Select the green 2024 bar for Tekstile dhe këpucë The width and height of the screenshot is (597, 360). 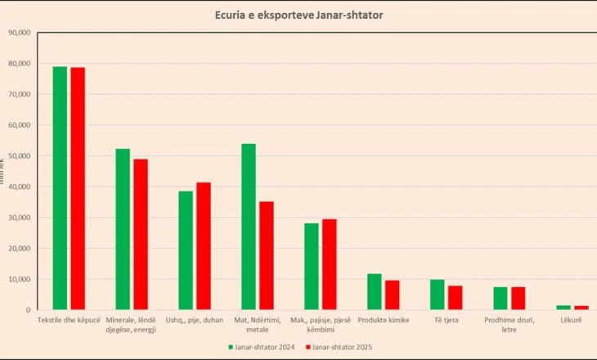60,188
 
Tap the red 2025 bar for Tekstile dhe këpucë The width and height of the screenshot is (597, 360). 78,189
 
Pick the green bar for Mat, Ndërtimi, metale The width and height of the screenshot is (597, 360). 249,227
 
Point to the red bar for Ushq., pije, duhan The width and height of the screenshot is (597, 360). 204,245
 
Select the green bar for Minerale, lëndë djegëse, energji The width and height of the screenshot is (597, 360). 123,229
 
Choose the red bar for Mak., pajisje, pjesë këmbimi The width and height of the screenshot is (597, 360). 330,264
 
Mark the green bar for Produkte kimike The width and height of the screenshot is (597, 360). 375,292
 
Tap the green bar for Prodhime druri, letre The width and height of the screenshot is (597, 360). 500,299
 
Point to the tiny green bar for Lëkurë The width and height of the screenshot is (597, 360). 563,308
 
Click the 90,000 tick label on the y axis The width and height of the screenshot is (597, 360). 17,33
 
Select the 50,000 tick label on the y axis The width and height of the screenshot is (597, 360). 17,155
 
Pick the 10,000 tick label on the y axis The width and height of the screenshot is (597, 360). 17,279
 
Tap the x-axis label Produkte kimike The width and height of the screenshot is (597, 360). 384,320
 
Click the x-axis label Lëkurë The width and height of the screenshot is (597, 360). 572,320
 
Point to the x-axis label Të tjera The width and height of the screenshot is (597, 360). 447,320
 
